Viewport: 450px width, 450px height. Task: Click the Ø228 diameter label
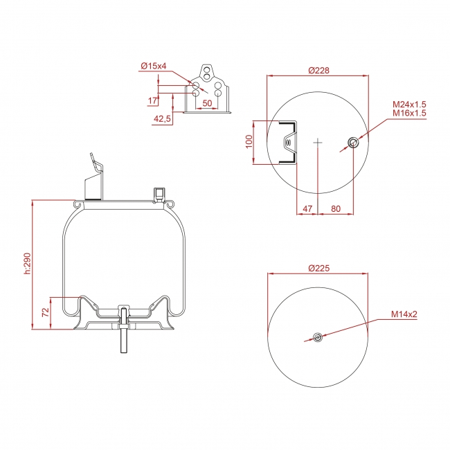point(318,71)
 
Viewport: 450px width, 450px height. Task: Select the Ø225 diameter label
point(318,269)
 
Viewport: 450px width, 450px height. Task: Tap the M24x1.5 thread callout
point(409,104)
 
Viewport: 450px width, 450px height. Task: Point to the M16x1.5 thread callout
point(409,113)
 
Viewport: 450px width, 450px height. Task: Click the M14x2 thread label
point(404,314)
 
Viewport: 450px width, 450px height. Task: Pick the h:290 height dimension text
point(27,264)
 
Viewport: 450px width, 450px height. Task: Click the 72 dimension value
point(46,312)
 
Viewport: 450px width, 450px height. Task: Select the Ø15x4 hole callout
point(154,66)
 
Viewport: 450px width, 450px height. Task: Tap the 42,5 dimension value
point(162,118)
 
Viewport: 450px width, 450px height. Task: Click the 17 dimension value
point(152,101)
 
